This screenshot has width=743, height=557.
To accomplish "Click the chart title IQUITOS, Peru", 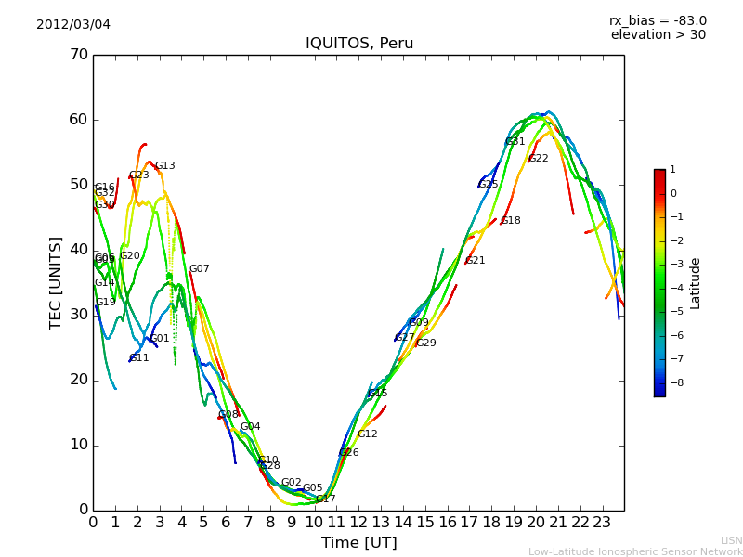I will tap(359, 44).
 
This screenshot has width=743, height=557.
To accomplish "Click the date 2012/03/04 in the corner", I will tap(73, 24).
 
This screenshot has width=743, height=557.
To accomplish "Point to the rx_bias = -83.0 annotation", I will tap(658, 20).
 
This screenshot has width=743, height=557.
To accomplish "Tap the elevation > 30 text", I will tap(658, 35).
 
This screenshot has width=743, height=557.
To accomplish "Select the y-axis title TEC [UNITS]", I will tap(56, 282).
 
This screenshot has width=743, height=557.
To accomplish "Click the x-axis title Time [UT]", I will tap(358, 543).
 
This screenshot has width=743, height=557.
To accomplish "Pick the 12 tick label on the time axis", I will tap(358, 522).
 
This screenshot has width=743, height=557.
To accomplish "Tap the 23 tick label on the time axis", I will tap(602, 522).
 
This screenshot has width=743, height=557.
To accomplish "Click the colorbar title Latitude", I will tap(696, 283).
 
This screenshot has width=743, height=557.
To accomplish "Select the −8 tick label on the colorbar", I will tap(673, 382).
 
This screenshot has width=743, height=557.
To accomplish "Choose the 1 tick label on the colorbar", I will tap(672, 170).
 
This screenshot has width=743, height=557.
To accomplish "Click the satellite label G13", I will tap(164, 166).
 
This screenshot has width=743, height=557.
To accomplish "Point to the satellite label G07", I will tap(200, 269).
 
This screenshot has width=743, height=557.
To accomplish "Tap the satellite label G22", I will tap(538, 159).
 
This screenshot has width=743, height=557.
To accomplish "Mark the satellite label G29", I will tap(425, 343).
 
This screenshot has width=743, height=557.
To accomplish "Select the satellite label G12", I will tap(367, 434).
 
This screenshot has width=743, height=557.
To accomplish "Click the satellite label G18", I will tap(511, 221).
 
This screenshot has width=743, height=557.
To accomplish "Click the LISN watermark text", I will tap(731, 540).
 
